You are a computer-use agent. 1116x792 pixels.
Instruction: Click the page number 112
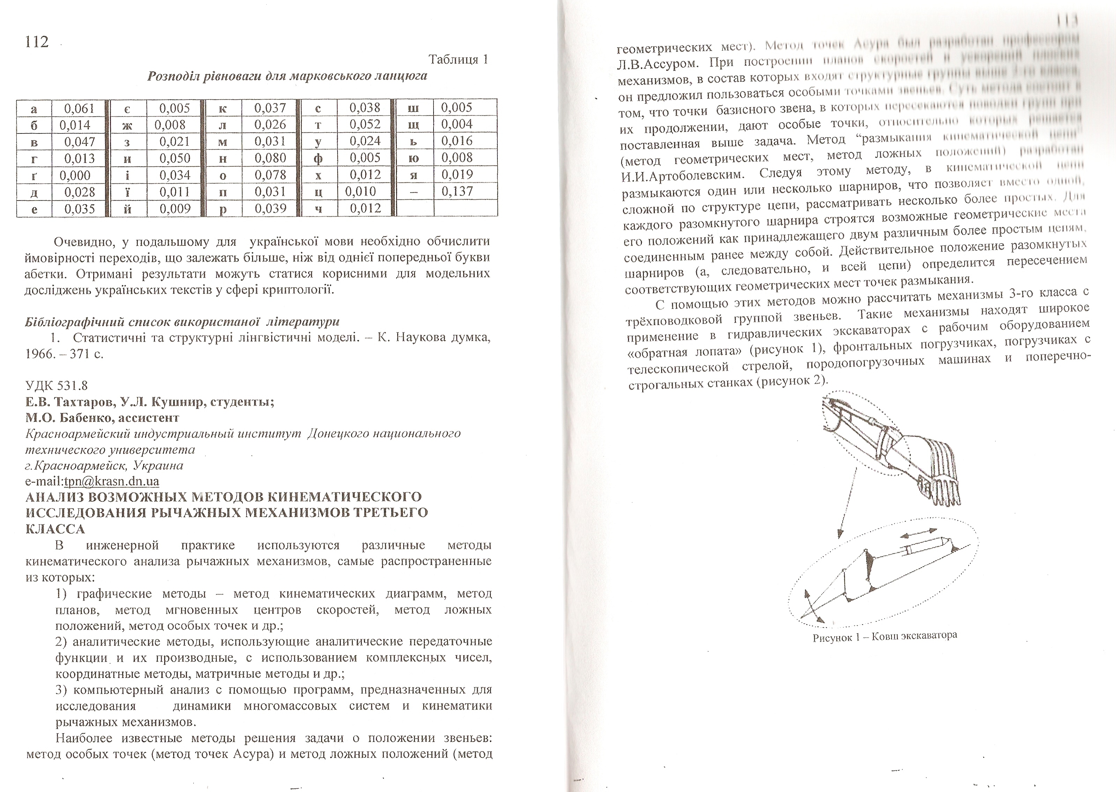click(37, 42)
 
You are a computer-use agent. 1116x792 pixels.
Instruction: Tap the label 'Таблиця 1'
click(458, 59)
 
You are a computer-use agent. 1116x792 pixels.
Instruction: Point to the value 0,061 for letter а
click(80, 108)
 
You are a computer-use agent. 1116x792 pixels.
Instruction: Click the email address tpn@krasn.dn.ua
click(112, 481)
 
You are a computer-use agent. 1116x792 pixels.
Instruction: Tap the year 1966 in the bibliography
click(39, 354)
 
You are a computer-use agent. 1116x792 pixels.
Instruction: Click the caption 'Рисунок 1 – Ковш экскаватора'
click(885, 636)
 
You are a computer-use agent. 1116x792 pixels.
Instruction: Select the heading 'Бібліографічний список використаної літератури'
click(182, 322)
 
